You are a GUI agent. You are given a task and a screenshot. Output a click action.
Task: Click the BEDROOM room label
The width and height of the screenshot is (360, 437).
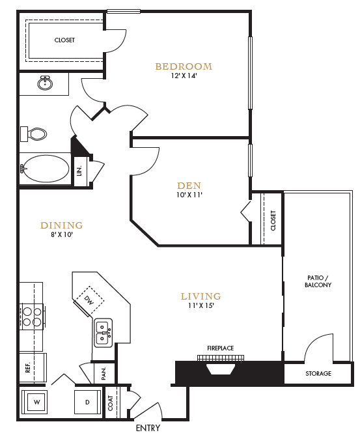pyautogui.click(x=184, y=66)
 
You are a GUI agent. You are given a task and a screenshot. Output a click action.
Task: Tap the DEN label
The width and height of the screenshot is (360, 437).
pyautogui.click(x=189, y=185)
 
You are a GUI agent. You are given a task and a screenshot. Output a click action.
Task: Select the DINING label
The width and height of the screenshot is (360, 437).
pyautogui.click(x=62, y=225)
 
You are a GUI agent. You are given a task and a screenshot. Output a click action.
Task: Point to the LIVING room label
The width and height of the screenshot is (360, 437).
pyautogui.click(x=201, y=296)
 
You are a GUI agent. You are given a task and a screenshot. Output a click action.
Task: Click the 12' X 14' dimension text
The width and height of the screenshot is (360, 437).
pyautogui.click(x=184, y=76)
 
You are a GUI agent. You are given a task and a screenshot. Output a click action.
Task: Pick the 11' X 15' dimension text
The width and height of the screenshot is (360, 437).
pyautogui.click(x=201, y=306)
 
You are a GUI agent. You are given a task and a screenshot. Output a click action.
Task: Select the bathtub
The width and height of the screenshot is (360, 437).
pyautogui.click(x=45, y=169)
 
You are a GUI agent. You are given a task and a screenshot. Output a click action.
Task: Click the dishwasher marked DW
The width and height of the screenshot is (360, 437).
pyautogui.click(x=89, y=300)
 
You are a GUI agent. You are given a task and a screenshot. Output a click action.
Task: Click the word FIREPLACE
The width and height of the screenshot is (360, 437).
pyautogui.click(x=221, y=348)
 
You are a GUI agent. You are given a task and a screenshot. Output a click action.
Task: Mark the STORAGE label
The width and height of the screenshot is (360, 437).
pyautogui.click(x=318, y=374)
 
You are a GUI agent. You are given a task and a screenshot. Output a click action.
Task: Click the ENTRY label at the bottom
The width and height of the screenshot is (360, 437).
pyautogui.click(x=147, y=428)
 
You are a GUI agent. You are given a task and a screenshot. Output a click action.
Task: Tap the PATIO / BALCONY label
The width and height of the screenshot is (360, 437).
pyautogui.click(x=318, y=281)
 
